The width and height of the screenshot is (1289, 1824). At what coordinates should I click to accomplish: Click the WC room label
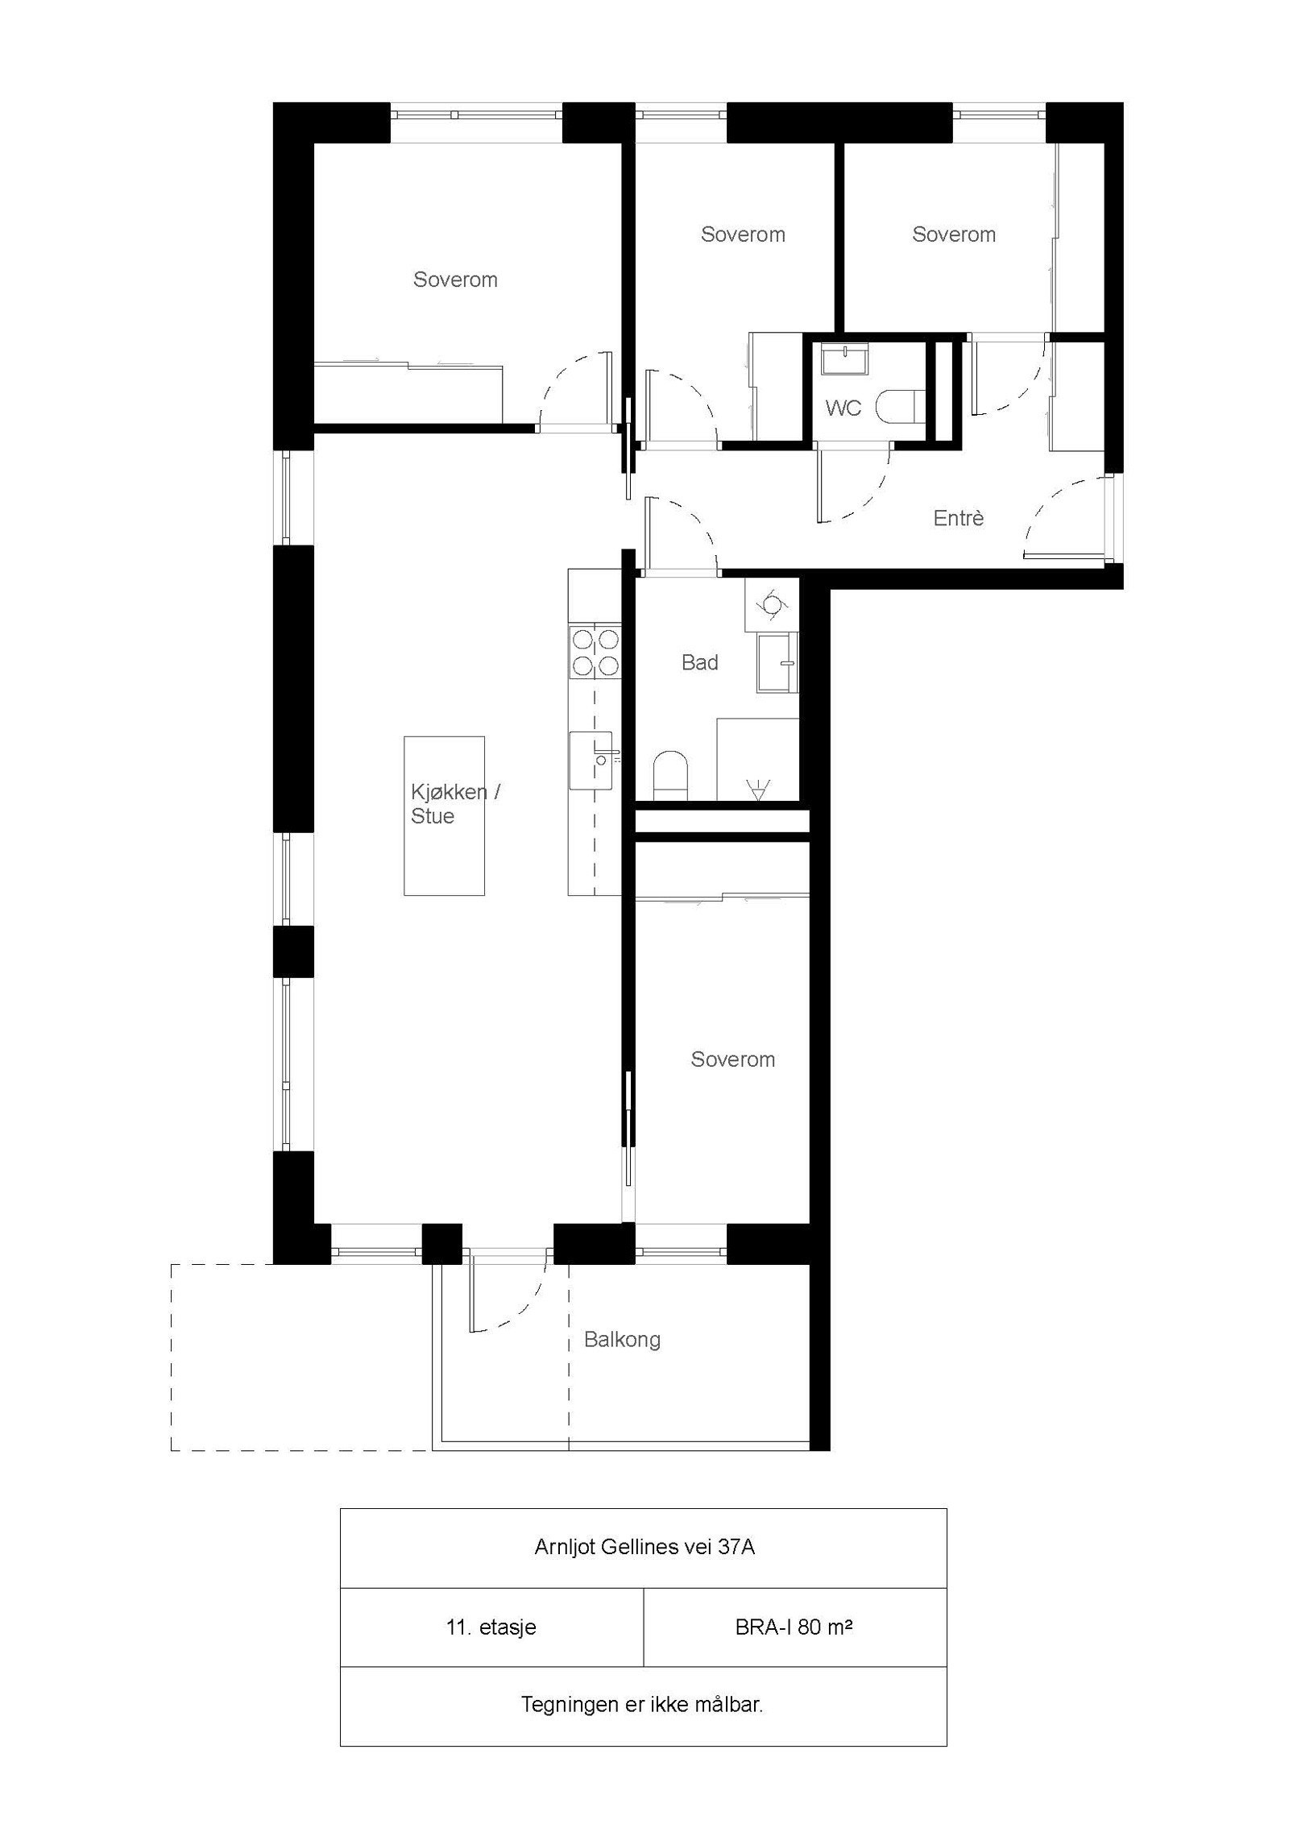tap(843, 408)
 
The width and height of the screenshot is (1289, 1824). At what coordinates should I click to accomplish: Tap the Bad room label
tap(699, 662)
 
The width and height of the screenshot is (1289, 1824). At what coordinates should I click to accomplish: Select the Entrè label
tap(959, 518)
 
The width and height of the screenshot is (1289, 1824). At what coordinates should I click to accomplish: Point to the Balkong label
tap(622, 1340)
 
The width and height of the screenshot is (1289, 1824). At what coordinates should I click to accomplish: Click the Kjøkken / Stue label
tap(454, 804)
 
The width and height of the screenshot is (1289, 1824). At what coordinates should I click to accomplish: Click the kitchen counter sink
tap(591, 760)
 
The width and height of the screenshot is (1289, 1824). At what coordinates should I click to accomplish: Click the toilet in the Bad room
tap(669, 773)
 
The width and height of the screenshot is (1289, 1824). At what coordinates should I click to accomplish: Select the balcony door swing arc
tap(516, 1306)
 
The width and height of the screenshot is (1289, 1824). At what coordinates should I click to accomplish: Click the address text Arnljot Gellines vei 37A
tap(644, 1548)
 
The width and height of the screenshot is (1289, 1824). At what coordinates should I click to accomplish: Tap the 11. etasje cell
tap(491, 1627)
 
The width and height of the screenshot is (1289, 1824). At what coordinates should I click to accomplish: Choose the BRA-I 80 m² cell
tap(794, 1627)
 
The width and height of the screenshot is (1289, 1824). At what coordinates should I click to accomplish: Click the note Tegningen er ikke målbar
tap(642, 1705)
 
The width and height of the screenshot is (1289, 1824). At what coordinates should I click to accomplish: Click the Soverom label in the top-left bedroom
tap(455, 280)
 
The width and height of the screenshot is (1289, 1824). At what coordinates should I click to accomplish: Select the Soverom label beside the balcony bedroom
tap(732, 1059)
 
